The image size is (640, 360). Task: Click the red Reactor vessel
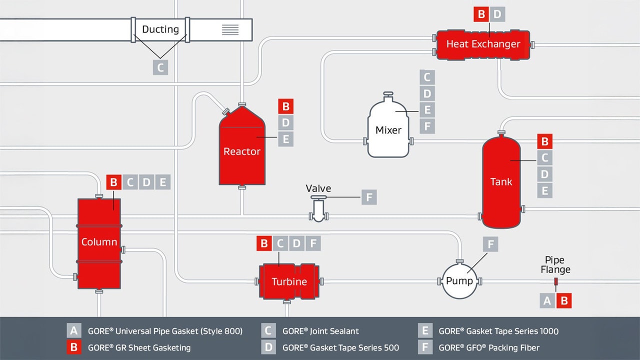click(241, 150)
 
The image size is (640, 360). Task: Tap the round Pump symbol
click(459, 281)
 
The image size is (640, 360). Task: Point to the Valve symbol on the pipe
click(318, 209)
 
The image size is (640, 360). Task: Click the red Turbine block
click(289, 281)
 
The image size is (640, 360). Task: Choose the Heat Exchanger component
click(483, 44)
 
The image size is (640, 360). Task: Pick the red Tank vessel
click(501, 181)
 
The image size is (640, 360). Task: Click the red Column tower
click(99, 242)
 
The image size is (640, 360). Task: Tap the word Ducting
click(160, 29)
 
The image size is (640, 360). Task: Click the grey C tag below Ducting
click(160, 67)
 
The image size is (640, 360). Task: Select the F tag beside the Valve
click(369, 197)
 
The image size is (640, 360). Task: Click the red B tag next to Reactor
click(285, 106)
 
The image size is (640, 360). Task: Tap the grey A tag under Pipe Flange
click(547, 300)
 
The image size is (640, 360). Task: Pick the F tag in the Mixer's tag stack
click(427, 125)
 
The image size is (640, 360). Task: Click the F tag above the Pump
click(490, 244)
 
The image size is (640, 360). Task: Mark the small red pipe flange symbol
click(555, 282)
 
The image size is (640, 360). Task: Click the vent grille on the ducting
click(230, 29)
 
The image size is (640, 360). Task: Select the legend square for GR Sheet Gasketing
click(74, 347)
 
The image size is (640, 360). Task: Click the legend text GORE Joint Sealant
click(320, 331)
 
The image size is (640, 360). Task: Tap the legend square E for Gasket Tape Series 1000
click(425, 331)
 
